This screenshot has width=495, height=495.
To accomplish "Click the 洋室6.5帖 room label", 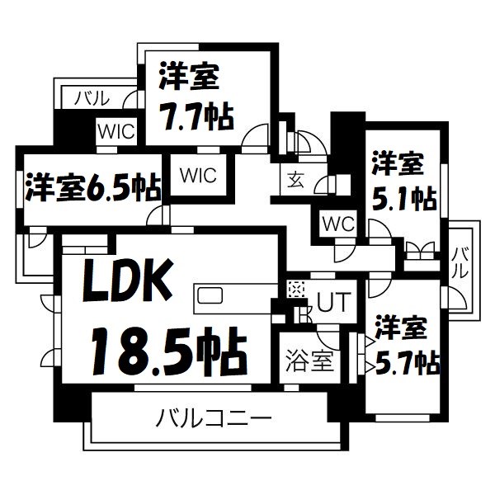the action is coord(92,186).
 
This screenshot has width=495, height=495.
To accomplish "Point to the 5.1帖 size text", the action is coord(402,197).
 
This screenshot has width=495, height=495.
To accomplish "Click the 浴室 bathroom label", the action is coord(309,361).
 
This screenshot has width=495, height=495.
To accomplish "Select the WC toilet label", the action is coord(337,223).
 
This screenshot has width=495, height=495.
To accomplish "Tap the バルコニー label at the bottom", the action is coord(214,419).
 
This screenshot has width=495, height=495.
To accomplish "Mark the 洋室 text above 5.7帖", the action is coord(400,328).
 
